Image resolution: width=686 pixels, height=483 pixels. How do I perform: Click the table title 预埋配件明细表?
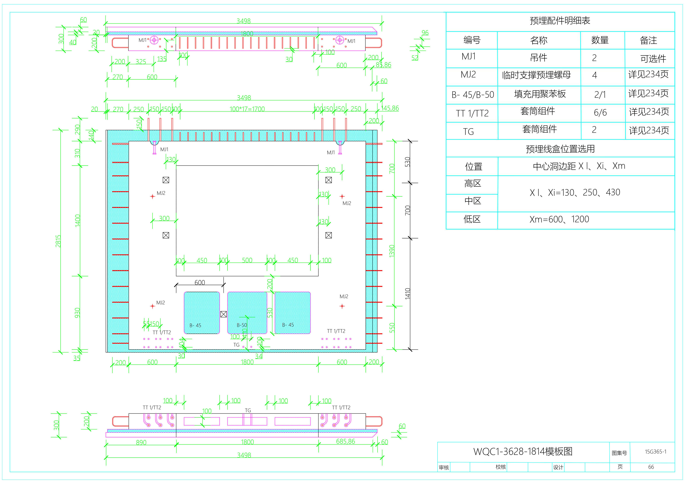560,21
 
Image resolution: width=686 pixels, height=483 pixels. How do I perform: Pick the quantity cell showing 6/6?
600,112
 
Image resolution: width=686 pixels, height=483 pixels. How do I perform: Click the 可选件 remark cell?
653,59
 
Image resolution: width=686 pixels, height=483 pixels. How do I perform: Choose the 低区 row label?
472,219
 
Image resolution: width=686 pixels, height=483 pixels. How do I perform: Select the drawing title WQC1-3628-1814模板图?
523,451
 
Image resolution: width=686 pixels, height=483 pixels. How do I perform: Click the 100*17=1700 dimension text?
247,109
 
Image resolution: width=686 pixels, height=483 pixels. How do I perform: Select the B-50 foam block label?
242,325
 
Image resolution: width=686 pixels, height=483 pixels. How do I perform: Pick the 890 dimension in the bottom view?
141,442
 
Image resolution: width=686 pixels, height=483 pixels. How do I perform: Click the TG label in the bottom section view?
248,410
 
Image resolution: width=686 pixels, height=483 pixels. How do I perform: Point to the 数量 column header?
600,40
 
